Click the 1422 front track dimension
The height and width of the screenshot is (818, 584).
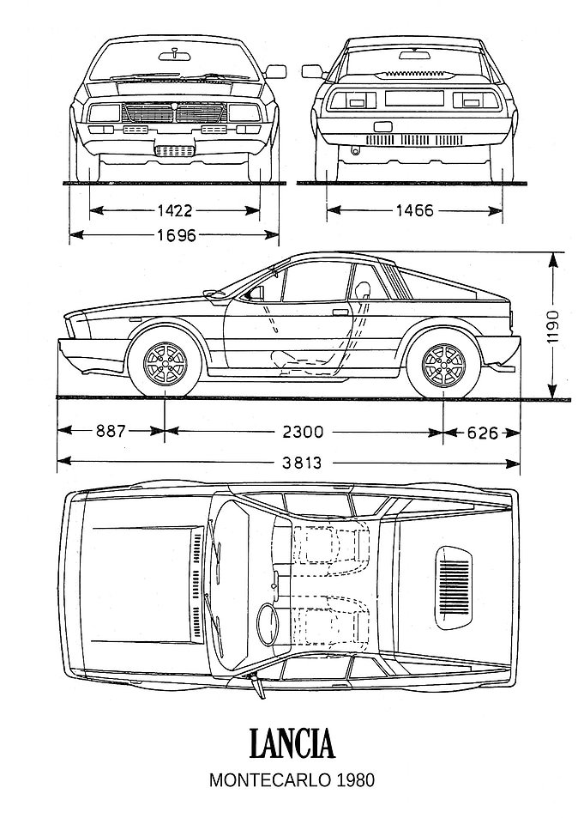click(x=175, y=211)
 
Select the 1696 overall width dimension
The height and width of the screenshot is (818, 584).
click(x=177, y=236)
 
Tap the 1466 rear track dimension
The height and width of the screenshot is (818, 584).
click(x=414, y=210)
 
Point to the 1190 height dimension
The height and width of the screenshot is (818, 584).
click(x=553, y=326)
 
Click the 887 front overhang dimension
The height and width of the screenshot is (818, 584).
click(x=111, y=432)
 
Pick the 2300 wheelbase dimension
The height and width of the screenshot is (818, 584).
click(x=303, y=432)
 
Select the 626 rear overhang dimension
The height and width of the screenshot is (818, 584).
click(x=482, y=433)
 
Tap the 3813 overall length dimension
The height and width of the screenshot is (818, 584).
click(x=302, y=462)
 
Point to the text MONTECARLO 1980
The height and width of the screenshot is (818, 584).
click(x=292, y=780)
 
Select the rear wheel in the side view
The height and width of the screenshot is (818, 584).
click(x=443, y=362)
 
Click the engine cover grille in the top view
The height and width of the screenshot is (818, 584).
click(x=455, y=587)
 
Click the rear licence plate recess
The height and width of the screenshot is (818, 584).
click(x=414, y=98)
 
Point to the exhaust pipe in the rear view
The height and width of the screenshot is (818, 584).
click(x=356, y=149)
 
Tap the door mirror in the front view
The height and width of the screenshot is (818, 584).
click(x=276, y=71)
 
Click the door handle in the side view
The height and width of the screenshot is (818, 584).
click(x=340, y=312)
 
